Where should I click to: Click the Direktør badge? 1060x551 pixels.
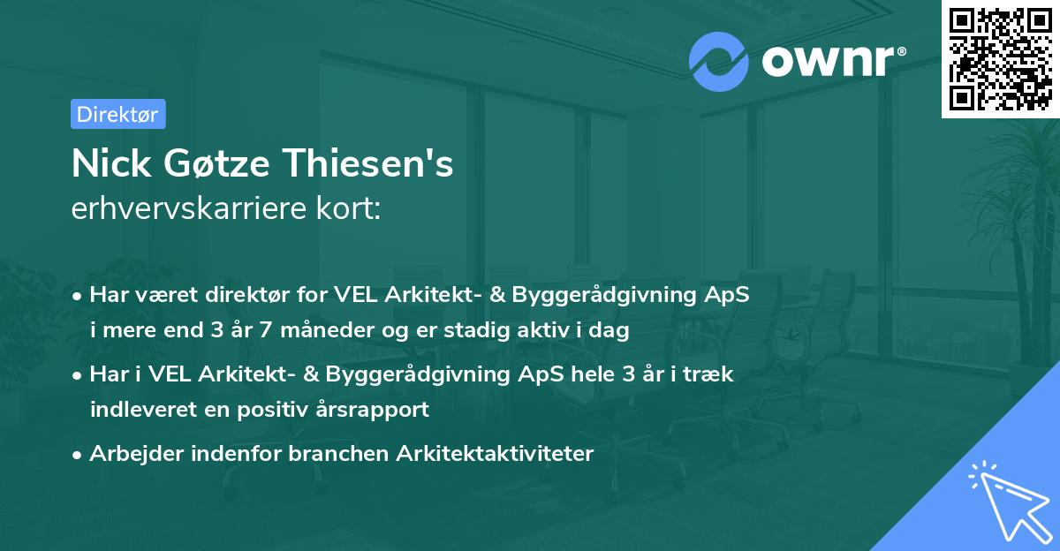point(117,114)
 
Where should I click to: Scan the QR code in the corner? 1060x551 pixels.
point(1001,58)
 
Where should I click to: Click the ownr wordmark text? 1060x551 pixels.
point(832,60)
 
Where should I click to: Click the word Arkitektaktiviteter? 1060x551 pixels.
point(496,454)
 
